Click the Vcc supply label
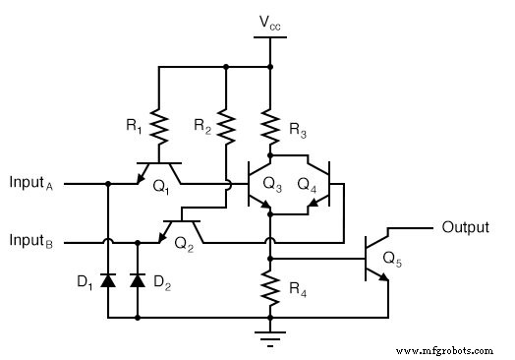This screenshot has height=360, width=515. click(x=268, y=22)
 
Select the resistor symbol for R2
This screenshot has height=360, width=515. click(x=226, y=126)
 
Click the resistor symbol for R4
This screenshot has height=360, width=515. click(x=268, y=288)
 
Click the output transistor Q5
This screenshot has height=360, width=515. click(x=378, y=258)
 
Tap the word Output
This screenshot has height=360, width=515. click(x=465, y=227)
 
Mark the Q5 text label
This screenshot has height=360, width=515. click(x=392, y=261)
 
